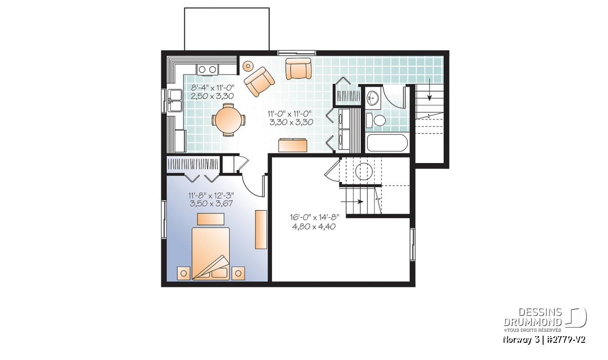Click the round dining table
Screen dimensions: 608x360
pos(229,119)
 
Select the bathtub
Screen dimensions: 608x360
pos(387,143)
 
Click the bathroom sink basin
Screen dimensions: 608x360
pos(373,98)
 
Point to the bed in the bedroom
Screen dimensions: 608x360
pos(211,254)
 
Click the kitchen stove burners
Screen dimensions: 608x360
pos(207,69)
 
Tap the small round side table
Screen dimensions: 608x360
pos(248,66)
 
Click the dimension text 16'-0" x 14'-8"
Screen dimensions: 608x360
pos(314,217)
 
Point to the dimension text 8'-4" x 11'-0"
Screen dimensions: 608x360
pos(212,88)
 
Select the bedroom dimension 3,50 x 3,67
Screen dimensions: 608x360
pos(211,204)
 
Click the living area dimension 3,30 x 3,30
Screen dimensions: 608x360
pos(291,122)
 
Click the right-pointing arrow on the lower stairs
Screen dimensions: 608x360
pos(352,202)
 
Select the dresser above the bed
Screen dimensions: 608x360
pos(211,219)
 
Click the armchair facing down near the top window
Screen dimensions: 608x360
pos(298,69)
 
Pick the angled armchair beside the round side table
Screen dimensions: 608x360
pos(259,82)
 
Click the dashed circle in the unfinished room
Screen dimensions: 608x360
pos(364,171)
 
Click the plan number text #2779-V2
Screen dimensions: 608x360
pos(565,340)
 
